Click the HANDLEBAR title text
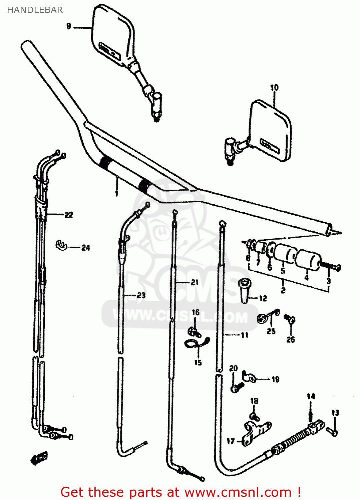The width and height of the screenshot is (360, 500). pyautogui.click(x=35, y=10)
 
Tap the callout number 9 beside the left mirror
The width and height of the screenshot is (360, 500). pyautogui.click(x=69, y=26)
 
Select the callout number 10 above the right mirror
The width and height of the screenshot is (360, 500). pyautogui.click(x=274, y=88)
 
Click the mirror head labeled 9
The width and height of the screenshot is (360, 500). pyautogui.click(x=112, y=33)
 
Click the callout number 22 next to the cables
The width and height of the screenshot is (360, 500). pyautogui.click(x=69, y=215)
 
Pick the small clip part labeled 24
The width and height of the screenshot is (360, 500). pyautogui.click(x=61, y=245)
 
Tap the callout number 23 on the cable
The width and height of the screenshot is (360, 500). pyautogui.click(x=141, y=295)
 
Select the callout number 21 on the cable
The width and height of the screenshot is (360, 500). pyautogui.click(x=195, y=283)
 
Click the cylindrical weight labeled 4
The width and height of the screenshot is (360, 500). pyautogui.click(x=309, y=259)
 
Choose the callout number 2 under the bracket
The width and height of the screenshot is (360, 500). pyautogui.click(x=283, y=290)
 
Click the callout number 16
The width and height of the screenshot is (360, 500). pyautogui.click(x=196, y=312)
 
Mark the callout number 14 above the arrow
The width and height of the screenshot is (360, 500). pyautogui.click(x=311, y=396)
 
